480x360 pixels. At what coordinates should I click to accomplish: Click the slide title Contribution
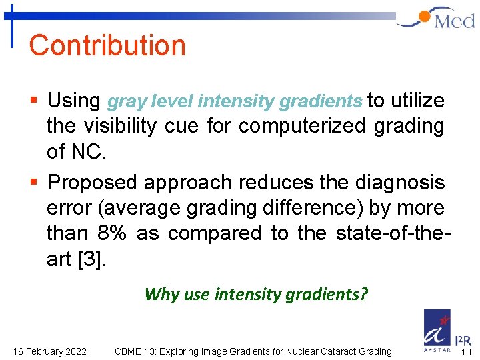107,45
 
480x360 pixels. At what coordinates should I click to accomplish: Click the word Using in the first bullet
73,101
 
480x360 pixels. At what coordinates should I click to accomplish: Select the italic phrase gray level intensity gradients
234,102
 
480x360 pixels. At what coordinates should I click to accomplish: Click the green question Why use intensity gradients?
256,294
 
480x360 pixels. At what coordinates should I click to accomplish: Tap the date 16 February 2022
49,351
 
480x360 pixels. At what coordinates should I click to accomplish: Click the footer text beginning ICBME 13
252,351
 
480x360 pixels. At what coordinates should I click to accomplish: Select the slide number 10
467,351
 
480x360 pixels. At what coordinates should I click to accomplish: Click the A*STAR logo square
437,328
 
